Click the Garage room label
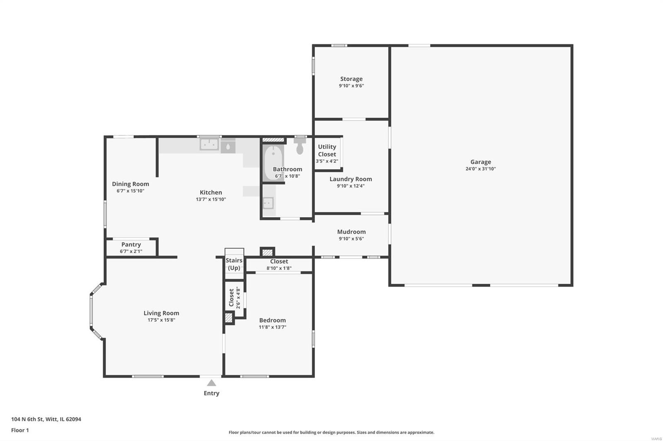[480, 162]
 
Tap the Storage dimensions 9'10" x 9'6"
[351, 86]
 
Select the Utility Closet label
[327, 151]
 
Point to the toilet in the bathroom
[300, 146]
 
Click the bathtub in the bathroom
[273, 163]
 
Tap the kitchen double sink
[209, 144]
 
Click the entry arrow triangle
[211, 383]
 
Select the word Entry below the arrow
[211, 393]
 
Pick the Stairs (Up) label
[234, 264]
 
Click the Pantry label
[131, 244]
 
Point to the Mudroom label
[351, 232]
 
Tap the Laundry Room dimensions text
[351, 186]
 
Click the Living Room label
[161, 313]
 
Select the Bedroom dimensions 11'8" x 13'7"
[272, 327]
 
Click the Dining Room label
[131, 184]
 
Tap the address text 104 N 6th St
[27, 419]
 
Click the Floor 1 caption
[20, 430]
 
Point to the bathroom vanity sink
[269, 203]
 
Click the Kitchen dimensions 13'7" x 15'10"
[211, 199]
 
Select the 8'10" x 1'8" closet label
[279, 268]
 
